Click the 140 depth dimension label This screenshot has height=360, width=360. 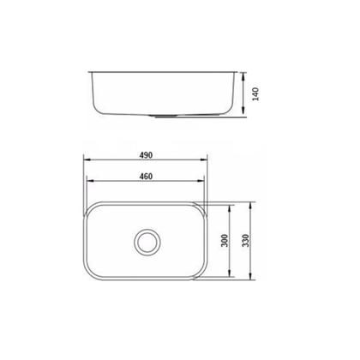(x=255, y=93)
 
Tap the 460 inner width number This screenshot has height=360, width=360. (x=147, y=177)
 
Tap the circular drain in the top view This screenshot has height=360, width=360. (x=147, y=241)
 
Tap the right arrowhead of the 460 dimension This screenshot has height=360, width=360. (x=203, y=183)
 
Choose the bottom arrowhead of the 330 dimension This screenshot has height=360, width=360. (x=251, y=280)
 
